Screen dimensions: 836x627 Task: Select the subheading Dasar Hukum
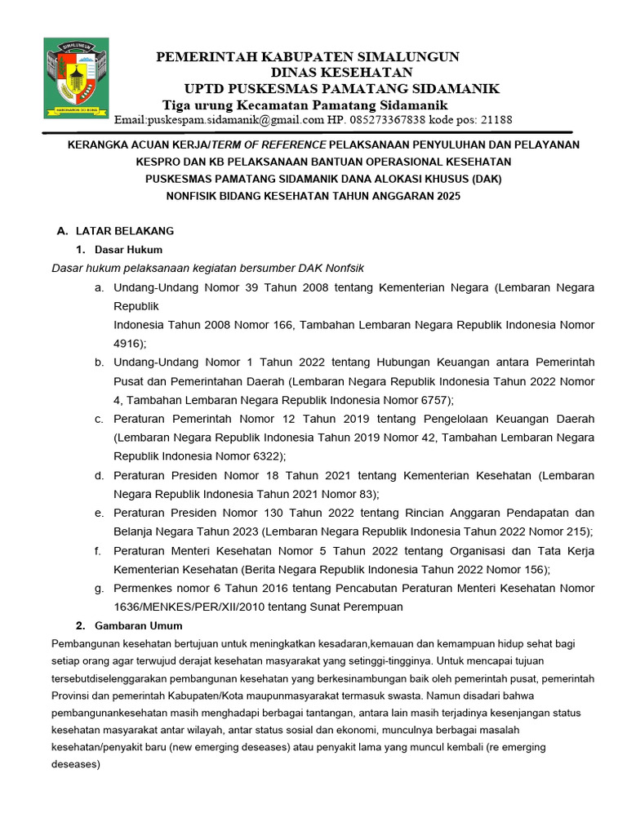[x=128, y=249]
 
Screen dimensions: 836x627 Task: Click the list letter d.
[x=98, y=475]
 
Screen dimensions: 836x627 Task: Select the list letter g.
[x=98, y=588]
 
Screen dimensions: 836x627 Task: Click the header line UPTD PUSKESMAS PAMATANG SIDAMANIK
[x=342, y=89]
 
